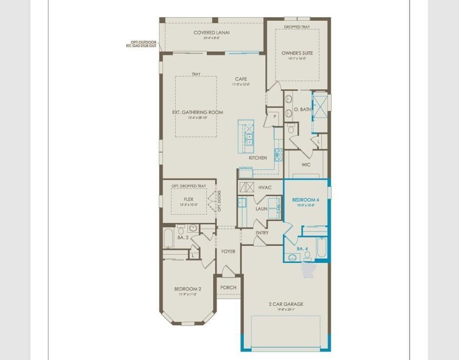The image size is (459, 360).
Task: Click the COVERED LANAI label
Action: [212, 32]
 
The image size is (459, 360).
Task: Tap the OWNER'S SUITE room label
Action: [297, 53]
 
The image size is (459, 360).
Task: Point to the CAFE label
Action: [241, 79]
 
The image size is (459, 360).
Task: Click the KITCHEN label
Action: [258, 158]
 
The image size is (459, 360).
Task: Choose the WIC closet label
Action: [306, 165]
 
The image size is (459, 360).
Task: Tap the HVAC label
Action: [265, 187]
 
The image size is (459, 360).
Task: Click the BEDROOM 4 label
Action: [306, 200]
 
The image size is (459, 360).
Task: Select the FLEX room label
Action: [188, 199]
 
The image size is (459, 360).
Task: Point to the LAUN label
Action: [262, 209]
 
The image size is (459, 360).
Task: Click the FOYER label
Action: [228, 252]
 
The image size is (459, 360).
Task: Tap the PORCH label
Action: [228, 287]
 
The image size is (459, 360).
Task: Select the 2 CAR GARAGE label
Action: [286, 304]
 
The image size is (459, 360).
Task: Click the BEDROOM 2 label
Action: [187, 289]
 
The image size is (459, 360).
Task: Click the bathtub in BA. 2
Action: [169, 239]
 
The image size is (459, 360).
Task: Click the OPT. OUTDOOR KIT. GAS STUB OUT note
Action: [141, 43]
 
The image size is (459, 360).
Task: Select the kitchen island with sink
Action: [246, 136]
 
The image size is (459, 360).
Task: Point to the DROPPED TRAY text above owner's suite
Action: [297, 27]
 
